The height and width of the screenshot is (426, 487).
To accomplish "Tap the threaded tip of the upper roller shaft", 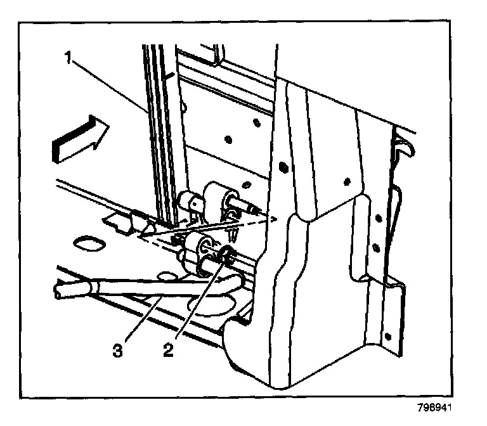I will pyautogui.click(x=254, y=207).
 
